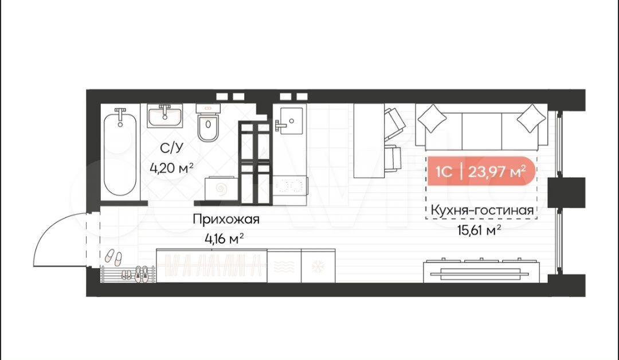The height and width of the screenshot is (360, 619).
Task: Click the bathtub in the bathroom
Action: coord(120,152)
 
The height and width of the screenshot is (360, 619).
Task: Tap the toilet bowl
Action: coord(208,124)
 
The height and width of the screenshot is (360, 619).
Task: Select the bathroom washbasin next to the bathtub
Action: coord(165,116)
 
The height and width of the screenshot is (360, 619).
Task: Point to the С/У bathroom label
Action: coord(172,148)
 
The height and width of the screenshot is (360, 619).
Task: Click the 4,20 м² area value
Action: coord(171,168)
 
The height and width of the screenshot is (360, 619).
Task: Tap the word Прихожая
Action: coord(226,219)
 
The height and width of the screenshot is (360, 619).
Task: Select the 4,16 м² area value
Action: coord(224,238)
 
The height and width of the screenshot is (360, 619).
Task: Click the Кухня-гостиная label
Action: coord(481,210)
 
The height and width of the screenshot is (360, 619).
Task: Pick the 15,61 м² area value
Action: coord(479,230)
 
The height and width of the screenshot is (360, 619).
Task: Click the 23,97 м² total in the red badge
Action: coord(496,171)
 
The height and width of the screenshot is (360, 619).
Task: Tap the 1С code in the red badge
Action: coord(444,172)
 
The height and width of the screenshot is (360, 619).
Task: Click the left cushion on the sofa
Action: coord(432,119)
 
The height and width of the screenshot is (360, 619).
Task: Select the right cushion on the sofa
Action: coord(531,119)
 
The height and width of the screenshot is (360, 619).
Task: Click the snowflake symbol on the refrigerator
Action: coord(318,267)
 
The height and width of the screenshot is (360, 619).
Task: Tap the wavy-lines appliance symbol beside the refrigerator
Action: coord(284,267)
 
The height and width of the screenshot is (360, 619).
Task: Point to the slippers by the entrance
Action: coord(113,257)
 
